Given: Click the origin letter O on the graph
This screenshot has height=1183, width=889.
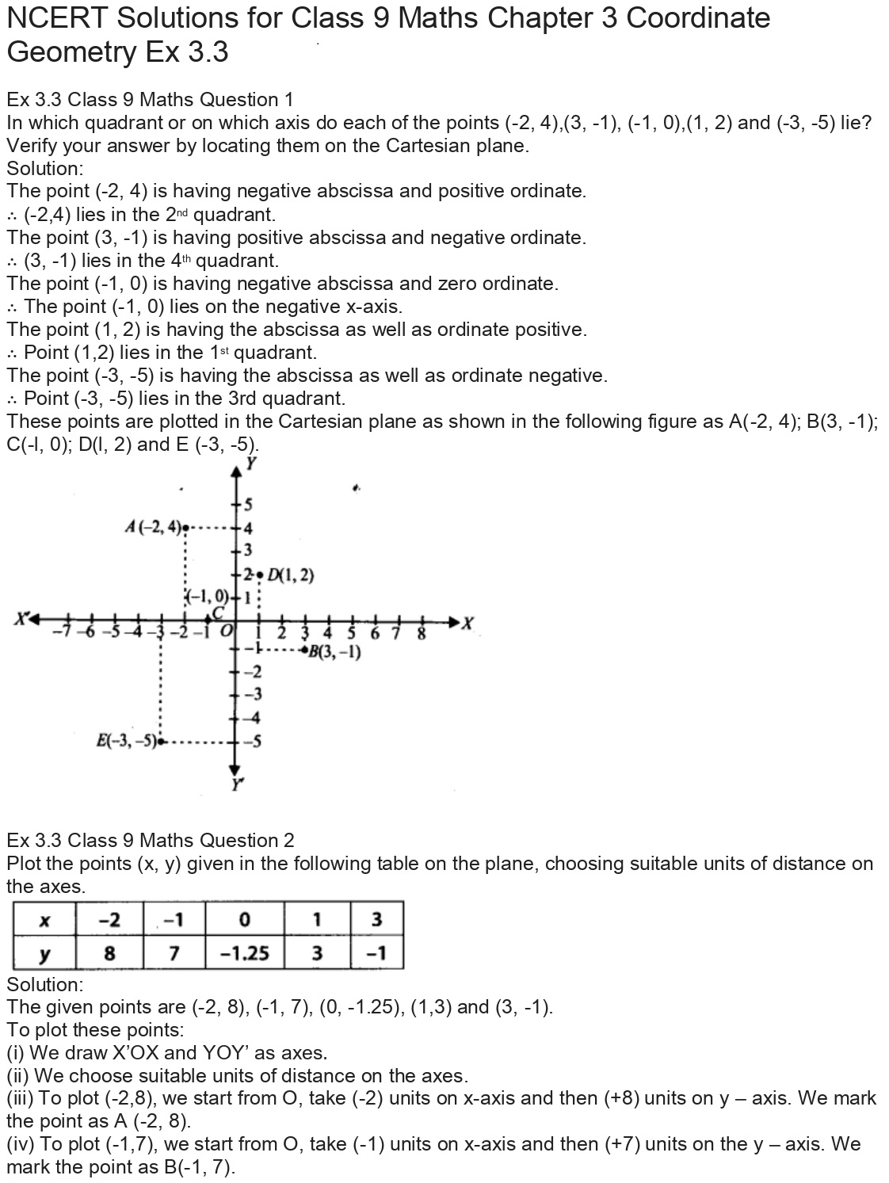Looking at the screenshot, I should tap(226, 631).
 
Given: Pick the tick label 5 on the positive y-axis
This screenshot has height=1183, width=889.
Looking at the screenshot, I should tap(247, 504).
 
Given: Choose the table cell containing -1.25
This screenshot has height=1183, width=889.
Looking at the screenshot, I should tap(244, 952).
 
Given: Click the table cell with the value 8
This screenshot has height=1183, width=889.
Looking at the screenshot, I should tap(109, 952).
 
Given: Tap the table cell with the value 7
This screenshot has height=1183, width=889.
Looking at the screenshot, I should tap(174, 952).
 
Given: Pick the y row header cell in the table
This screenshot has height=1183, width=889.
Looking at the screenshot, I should tap(44, 952).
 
